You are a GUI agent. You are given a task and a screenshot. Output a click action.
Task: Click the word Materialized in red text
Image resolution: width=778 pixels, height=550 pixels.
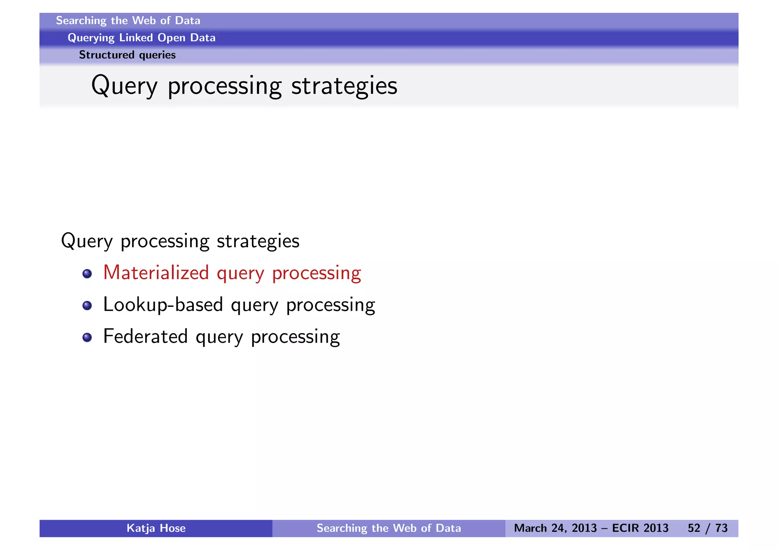[156, 273]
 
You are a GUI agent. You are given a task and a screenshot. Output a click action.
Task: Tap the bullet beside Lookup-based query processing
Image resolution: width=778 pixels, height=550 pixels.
[87, 305]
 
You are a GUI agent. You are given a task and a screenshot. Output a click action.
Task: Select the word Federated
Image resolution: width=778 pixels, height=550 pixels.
[145, 337]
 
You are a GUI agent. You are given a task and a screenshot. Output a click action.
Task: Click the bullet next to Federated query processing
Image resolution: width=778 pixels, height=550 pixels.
[87, 337]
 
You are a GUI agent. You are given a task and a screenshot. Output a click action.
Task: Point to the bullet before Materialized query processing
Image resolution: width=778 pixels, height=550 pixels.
[87, 273]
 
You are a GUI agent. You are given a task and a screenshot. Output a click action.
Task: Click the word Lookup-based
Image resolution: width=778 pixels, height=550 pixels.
[163, 305]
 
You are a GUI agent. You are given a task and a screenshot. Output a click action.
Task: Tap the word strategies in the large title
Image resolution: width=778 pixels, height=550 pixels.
[344, 86]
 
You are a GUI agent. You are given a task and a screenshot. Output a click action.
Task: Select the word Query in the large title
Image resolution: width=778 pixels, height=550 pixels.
[124, 86]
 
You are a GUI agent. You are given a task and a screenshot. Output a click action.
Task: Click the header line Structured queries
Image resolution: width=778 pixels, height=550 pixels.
[127, 55]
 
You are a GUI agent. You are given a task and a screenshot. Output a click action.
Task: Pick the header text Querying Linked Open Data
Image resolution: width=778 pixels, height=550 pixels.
[141, 38]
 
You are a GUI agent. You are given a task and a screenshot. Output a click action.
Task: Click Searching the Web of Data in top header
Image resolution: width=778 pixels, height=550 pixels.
[128, 21]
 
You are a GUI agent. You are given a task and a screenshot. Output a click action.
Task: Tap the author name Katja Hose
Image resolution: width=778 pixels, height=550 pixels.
[156, 528]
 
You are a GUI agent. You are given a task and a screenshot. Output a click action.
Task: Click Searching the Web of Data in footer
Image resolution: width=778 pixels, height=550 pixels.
[389, 528]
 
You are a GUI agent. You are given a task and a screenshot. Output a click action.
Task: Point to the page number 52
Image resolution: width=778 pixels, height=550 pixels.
[694, 528]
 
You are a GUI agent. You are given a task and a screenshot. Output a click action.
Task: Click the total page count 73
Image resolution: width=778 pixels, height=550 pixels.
[721, 528]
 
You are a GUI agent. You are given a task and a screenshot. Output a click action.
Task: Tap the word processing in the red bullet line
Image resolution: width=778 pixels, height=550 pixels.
[316, 273]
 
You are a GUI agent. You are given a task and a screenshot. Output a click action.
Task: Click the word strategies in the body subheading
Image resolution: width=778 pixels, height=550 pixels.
[258, 241]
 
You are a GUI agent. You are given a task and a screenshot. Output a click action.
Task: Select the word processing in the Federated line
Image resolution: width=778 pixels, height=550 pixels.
[295, 337]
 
